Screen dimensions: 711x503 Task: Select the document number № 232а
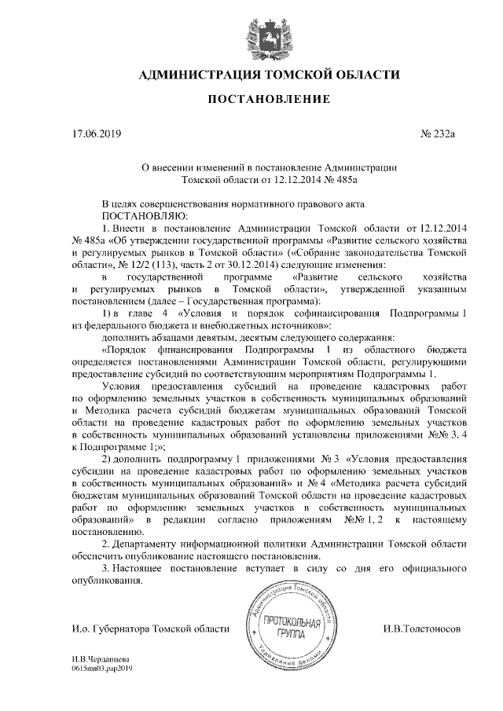439,134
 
